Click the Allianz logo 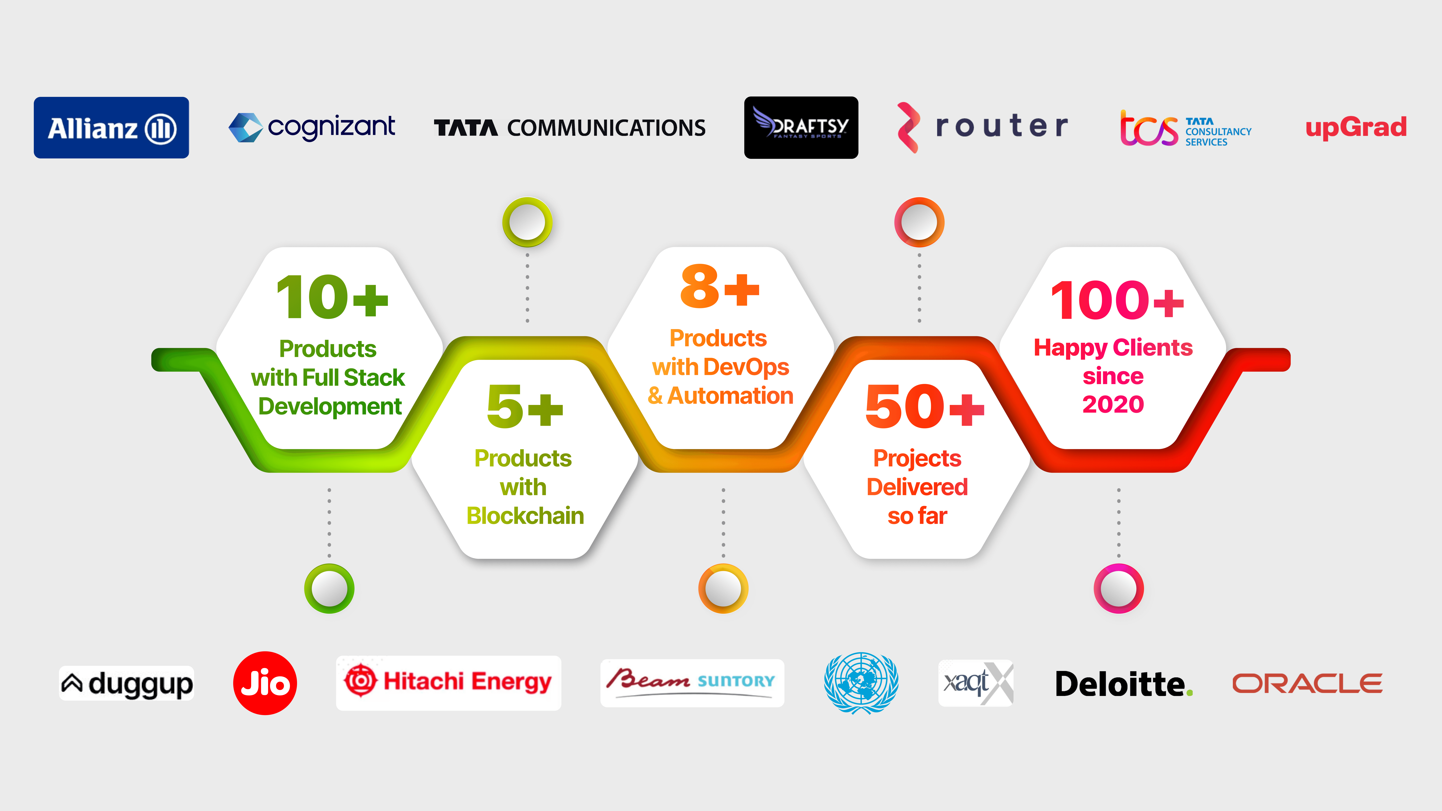point(111,128)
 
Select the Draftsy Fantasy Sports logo point(800,128)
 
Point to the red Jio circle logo point(265,683)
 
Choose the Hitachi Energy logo point(448,682)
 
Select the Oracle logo point(1307,683)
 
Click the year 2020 point(1113,404)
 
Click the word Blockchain point(525,516)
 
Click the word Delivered point(917,487)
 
